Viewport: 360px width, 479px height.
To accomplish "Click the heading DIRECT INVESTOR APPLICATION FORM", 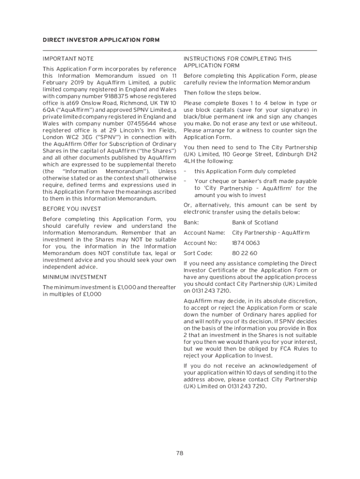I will [x=101, y=40].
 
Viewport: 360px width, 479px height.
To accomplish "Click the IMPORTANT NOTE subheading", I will [x=68, y=58].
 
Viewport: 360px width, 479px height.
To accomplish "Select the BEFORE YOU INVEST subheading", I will [x=72, y=209].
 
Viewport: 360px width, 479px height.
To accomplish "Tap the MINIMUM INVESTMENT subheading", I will [x=75, y=277].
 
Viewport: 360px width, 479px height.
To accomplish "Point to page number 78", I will [x=180, y=453].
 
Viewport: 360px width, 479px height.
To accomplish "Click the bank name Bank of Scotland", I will [x=255, y=223].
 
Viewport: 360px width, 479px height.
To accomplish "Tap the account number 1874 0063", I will [x=246, y=243].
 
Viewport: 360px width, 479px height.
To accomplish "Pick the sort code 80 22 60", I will [x=245, y=254].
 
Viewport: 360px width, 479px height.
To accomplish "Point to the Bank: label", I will [x=191, y=223].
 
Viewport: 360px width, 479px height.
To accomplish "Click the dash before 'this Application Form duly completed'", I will [x=185, y=171].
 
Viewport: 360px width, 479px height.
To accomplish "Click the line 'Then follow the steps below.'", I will [x=222, y=93].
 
